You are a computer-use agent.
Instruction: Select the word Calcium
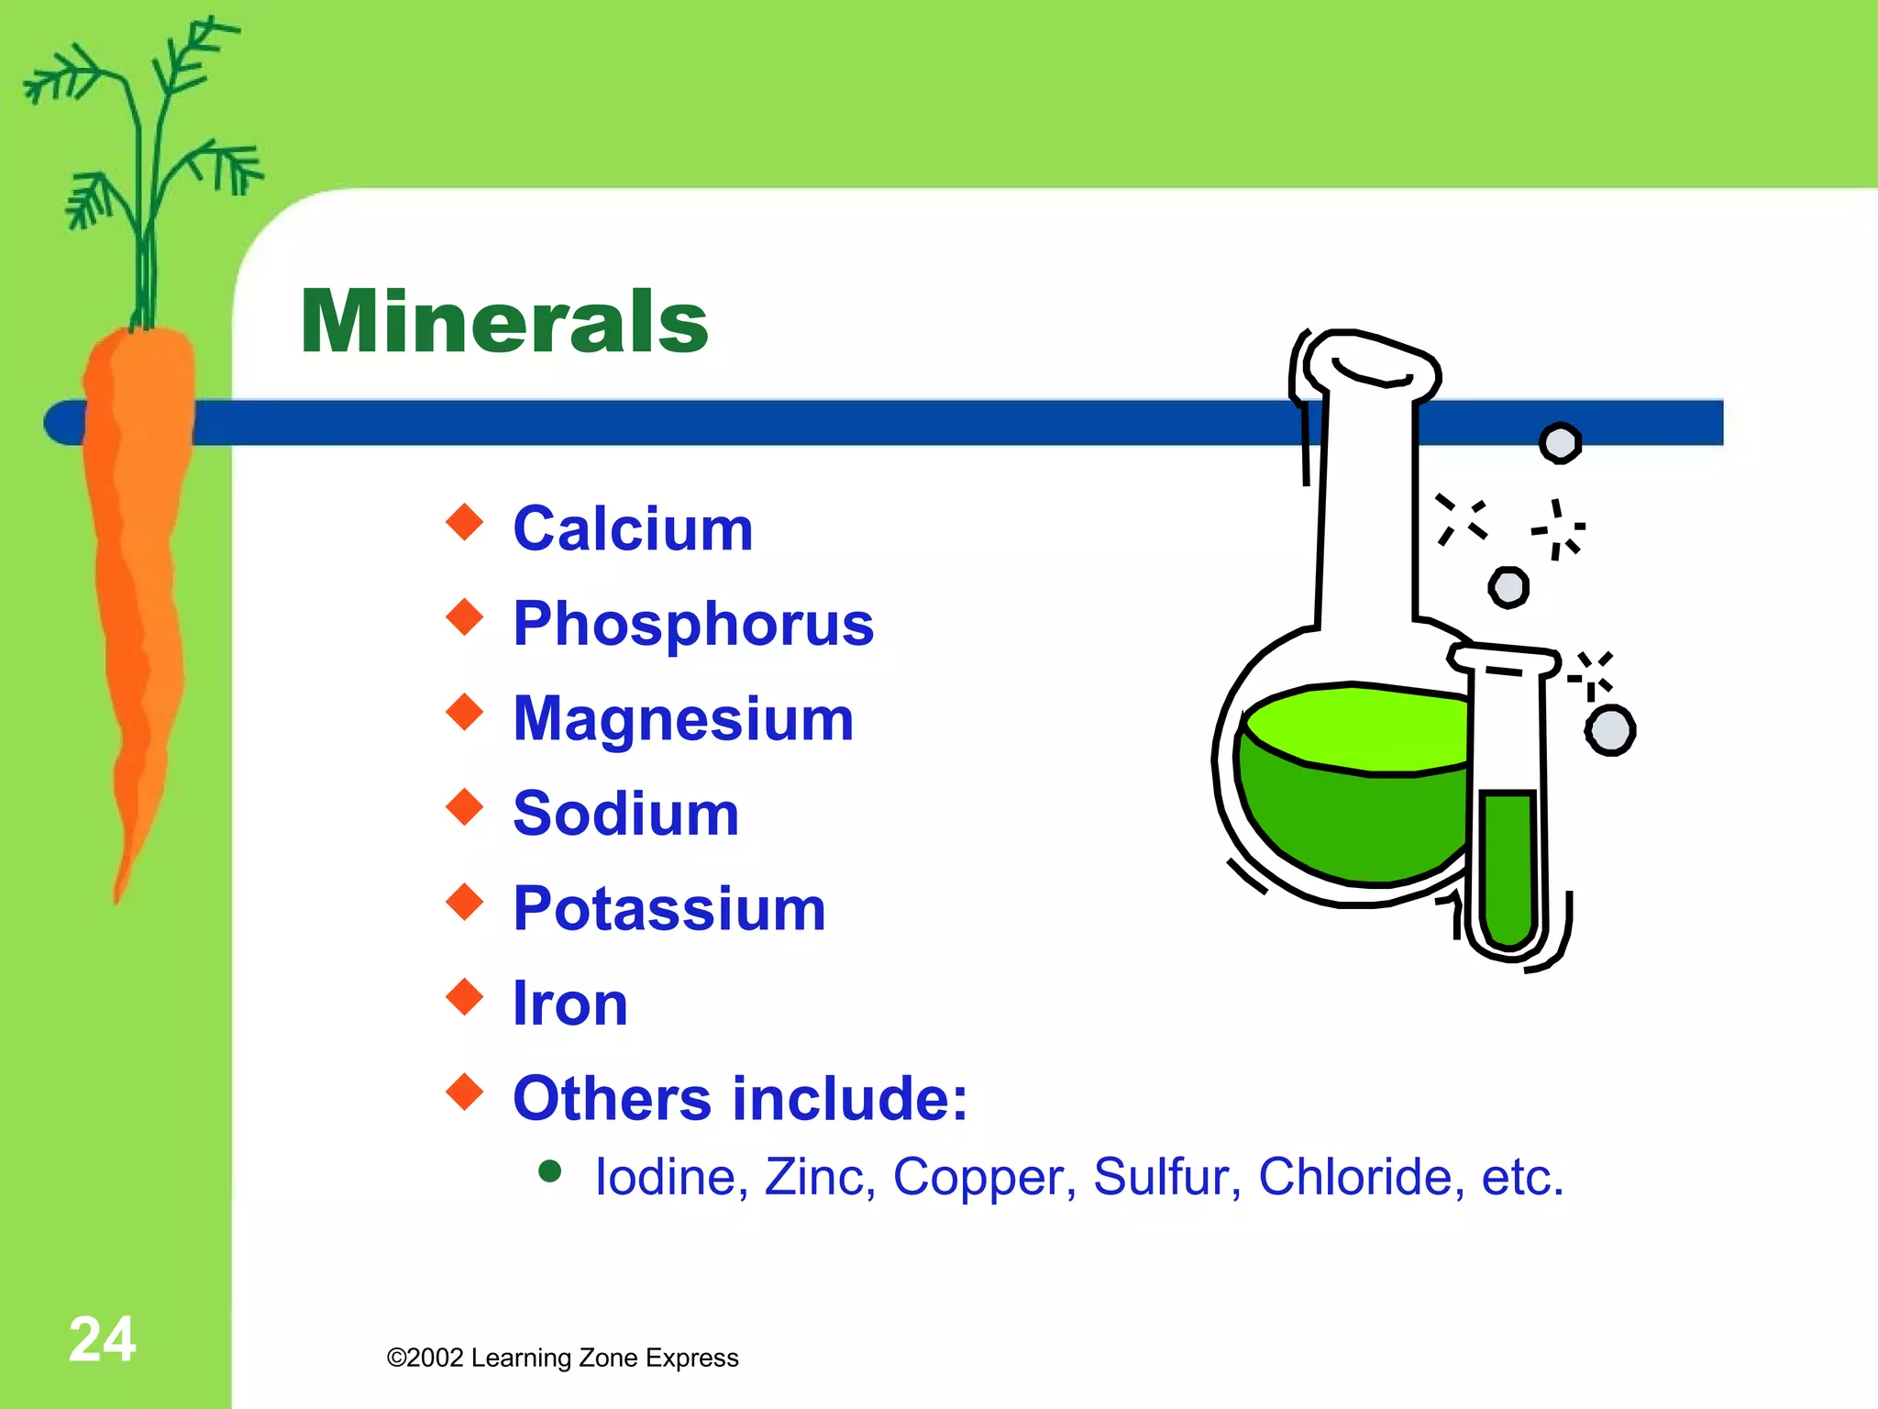633,529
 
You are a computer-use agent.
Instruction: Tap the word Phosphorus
693,624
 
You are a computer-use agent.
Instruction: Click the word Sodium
625,814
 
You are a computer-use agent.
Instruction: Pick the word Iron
569,1004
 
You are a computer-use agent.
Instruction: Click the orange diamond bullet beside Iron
465,996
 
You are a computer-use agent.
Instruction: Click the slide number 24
102,1339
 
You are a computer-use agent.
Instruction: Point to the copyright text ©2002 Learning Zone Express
562,1358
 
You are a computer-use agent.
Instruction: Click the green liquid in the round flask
1348,807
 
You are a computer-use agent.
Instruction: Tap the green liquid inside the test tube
1508,867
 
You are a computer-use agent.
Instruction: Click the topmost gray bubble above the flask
1560,443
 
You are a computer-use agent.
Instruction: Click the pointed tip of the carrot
117,894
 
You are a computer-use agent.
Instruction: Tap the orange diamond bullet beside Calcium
465,522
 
